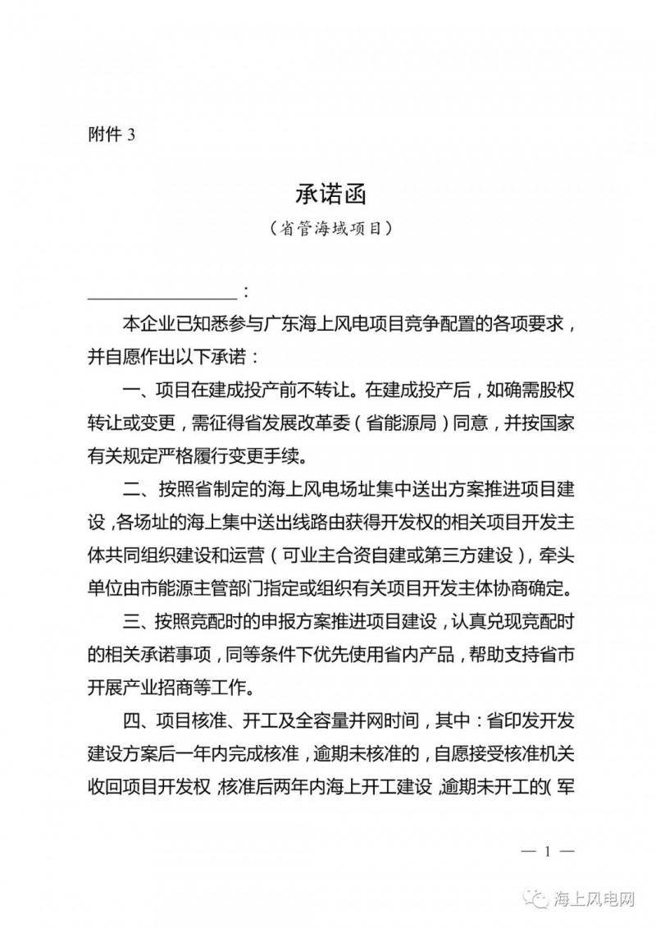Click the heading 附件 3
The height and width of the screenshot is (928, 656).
coord(110,136)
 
